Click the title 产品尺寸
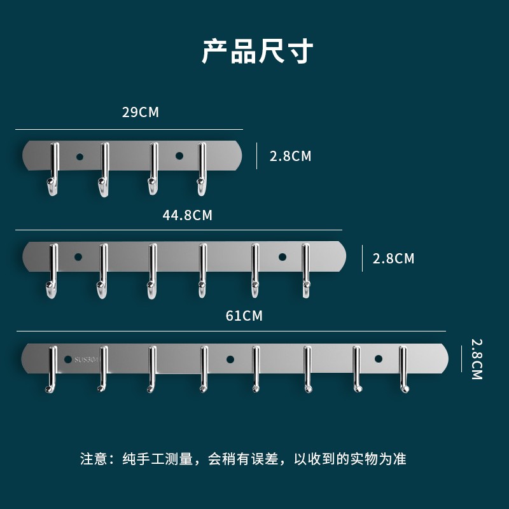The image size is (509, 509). [x=257, y=52]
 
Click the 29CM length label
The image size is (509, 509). [x=140, y=113]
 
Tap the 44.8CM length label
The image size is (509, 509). [x=187, y=215]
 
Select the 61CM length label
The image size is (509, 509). [x=244, y=316]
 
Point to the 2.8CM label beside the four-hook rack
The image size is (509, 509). [x=290, y=156]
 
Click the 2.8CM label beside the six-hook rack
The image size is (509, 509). [x=393, y=258]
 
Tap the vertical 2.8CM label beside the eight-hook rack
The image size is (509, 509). [x=477, y=359]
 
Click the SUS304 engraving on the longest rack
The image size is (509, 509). [x=83, y=359]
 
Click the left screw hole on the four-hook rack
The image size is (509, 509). [x=80, y=156]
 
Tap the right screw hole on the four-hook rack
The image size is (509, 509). [x=179, y=156]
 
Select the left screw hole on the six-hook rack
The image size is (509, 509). [x=78, y=257]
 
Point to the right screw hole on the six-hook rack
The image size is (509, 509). [x=282, y=257]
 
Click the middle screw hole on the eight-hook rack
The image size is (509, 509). [x=230, y=359]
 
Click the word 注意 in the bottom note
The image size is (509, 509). [x=94, y=459]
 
